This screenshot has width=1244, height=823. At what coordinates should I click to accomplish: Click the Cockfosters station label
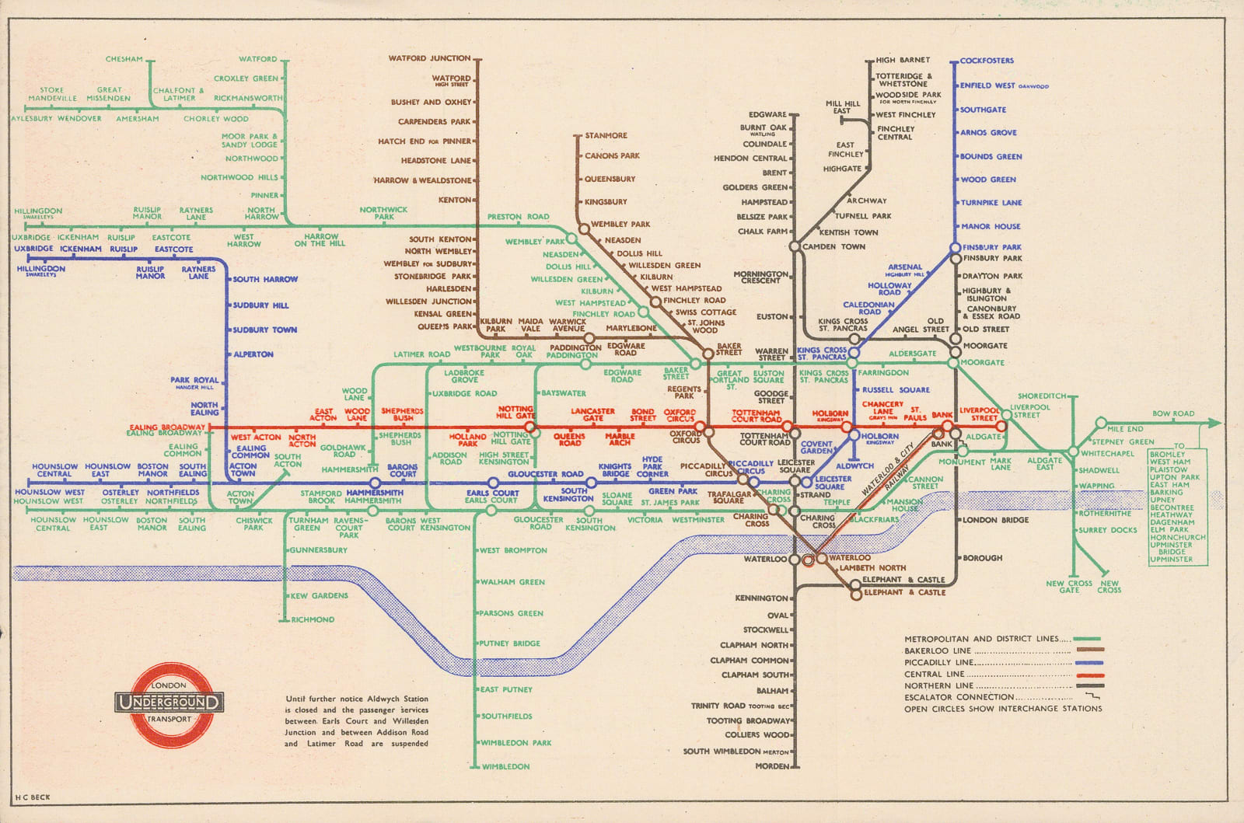tap(987, 61)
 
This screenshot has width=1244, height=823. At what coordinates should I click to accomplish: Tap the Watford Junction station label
tap(429, 58)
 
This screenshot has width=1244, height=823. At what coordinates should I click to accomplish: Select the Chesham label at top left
tap(124, 59)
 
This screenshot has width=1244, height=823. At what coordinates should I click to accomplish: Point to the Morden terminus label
tap(771, 766)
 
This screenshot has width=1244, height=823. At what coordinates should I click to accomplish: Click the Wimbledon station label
tap(505, 767)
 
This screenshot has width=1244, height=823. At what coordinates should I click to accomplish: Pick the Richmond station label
tap(313, 619)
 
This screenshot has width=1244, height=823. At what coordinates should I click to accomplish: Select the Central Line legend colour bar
tap(1088, 675)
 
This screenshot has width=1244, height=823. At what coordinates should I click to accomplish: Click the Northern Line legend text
tap(938, 685)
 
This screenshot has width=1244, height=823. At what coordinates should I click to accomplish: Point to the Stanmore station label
tap(606, 136)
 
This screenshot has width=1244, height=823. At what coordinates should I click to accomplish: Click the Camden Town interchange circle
tap(795, 247)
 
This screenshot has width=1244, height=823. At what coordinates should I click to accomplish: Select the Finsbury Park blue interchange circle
tap(956, 248)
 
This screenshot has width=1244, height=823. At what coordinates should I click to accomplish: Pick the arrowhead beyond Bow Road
tap(1216, 424)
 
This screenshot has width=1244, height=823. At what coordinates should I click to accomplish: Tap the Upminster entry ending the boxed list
tap(1171, 559)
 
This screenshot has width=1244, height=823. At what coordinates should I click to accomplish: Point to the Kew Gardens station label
tap(319, 596)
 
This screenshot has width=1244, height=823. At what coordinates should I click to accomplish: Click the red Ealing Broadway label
tap(169, 427)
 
